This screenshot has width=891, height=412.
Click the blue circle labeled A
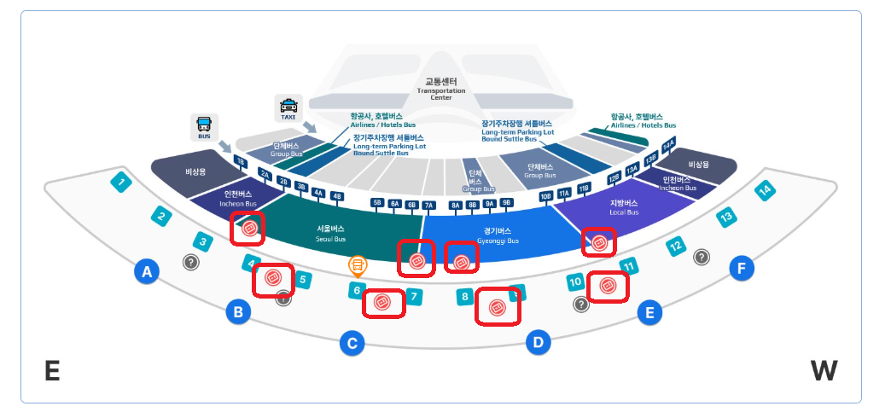tap(147, 272)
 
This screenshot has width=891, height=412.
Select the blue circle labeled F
tap(742, 270)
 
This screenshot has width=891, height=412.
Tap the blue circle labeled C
tap(352, 344)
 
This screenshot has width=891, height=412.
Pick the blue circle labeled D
tap(538, 343)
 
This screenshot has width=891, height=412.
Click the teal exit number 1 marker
tap(122, 181)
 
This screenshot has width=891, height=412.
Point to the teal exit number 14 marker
tap(766, 191)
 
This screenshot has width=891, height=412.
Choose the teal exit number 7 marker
tap(414, 297)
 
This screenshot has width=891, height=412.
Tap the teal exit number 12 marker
tap(676, 247)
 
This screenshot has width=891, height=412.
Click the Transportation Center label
tap(441, 90)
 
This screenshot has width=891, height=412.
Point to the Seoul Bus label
tap(330, 234)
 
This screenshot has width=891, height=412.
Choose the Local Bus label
tap(623, 207)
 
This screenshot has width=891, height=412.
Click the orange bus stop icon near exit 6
tap(358, 265)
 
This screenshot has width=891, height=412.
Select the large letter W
tap(824, 370)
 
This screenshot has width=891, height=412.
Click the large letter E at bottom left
tap(52, 371)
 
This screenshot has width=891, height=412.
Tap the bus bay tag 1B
tap(241, 161)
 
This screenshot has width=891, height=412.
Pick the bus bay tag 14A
tap(668, 144)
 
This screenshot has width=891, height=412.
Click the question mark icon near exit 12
tap(702, 256)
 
